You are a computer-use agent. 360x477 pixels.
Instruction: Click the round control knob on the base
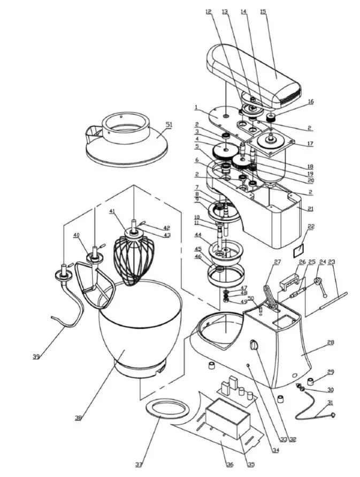[254, 346]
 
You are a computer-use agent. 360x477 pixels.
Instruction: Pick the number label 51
[170, 124]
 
